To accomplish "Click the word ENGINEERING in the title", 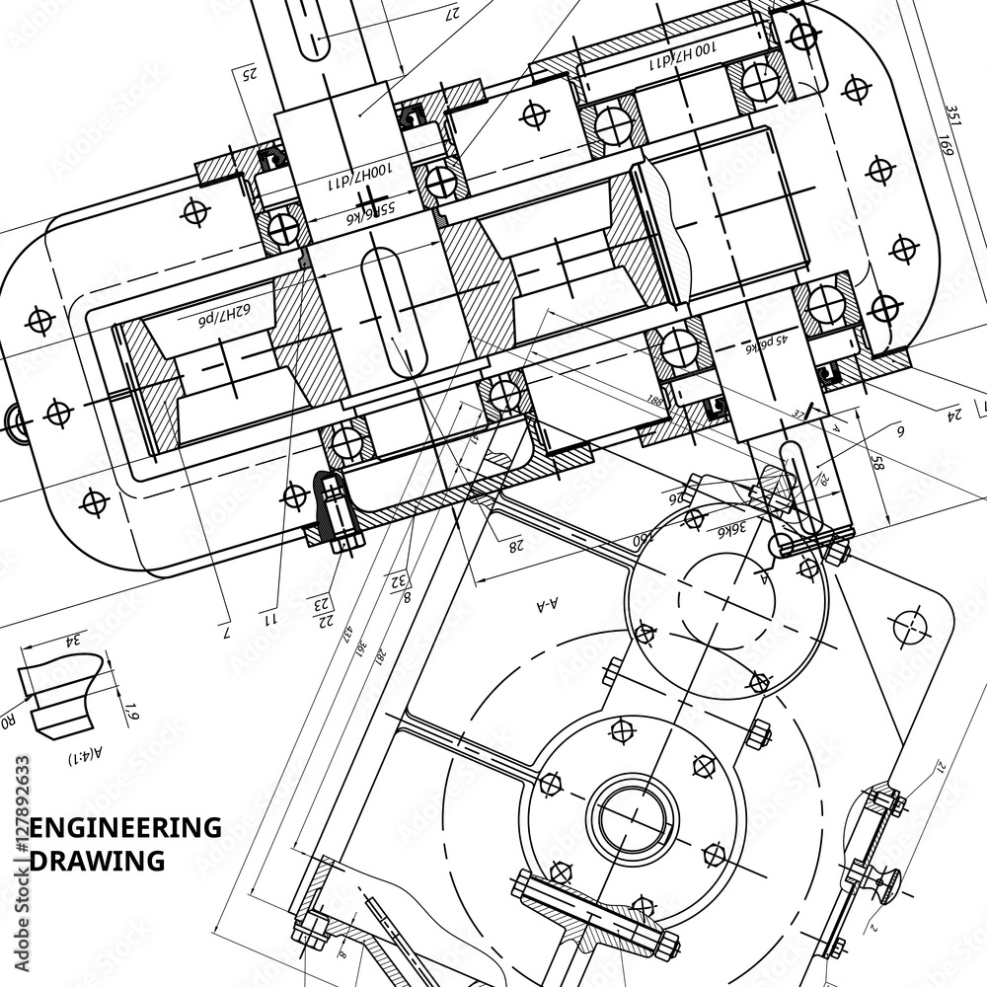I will coord(126,828).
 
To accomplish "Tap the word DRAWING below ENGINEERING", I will coord(98,861).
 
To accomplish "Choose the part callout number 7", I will coord(225,632).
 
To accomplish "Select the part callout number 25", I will coord(250,73).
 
